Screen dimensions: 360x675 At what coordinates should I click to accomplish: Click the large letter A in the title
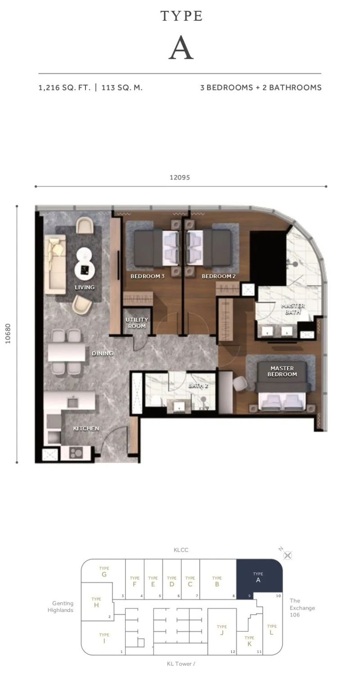[181, 48]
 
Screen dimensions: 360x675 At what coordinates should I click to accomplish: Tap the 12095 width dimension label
[180, 177]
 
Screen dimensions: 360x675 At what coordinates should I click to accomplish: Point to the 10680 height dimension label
[8, 333]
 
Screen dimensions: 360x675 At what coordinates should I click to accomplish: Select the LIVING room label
[85, 287]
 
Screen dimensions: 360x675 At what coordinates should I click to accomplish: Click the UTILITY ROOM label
[137, 323]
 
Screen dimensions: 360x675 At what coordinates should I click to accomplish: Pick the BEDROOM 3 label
[148, 276]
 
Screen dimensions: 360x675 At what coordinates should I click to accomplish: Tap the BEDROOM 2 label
[219, 276]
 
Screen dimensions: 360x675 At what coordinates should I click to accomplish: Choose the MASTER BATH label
[292, 309]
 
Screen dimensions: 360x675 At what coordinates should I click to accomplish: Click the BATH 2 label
[198, 385]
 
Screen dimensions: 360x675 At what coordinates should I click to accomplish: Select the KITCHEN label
[86, 428]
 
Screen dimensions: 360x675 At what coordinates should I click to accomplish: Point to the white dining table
[67, 351]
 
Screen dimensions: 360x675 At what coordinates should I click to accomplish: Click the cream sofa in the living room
[55, 264]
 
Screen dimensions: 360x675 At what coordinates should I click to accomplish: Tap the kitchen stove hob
[76, 452]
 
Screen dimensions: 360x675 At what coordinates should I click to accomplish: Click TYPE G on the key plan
[104, 571]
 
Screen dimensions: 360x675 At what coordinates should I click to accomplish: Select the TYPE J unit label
[222, 630]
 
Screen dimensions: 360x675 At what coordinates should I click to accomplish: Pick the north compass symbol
[288, 555]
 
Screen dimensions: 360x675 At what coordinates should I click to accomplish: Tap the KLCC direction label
[181, 550]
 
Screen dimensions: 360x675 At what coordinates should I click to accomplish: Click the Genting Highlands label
[61, 607]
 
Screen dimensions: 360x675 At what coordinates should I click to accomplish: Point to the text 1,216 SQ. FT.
[64, 88]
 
